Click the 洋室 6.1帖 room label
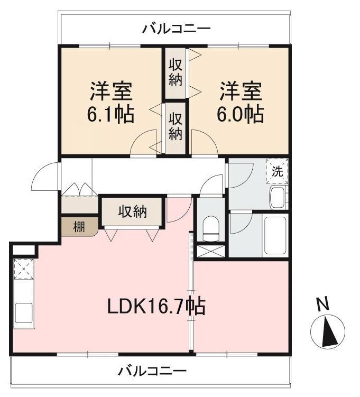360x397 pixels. point(110,102)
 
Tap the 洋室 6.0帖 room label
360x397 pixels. point(240,102)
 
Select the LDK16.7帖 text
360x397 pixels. point(156,306)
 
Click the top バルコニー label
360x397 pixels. point(176,29)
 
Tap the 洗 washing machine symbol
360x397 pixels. point(277,171)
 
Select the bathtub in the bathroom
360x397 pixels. point(275,235)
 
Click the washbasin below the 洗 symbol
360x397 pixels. point(278,198)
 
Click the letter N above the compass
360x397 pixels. point(324,303)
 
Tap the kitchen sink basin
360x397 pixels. point(24,313)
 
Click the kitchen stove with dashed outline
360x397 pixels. point(24,269)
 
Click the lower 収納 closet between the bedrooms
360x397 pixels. point(176,128)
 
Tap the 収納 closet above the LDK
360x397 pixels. point(132,211)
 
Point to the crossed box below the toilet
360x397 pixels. point(211,252)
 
